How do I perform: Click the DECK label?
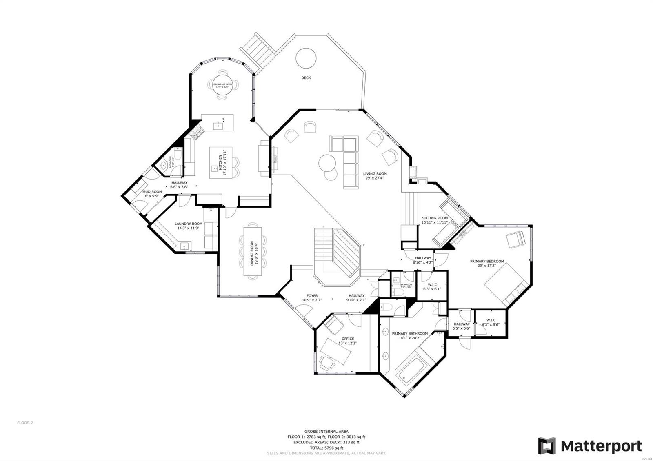(x=306, y=78)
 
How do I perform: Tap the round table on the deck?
(x=306, y=58)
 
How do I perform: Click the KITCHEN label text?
(x=220, y=162)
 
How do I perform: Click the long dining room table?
(x=253, y=251)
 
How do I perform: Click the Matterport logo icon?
(x=547, y=446)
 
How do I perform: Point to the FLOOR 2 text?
(x=25, y=423)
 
